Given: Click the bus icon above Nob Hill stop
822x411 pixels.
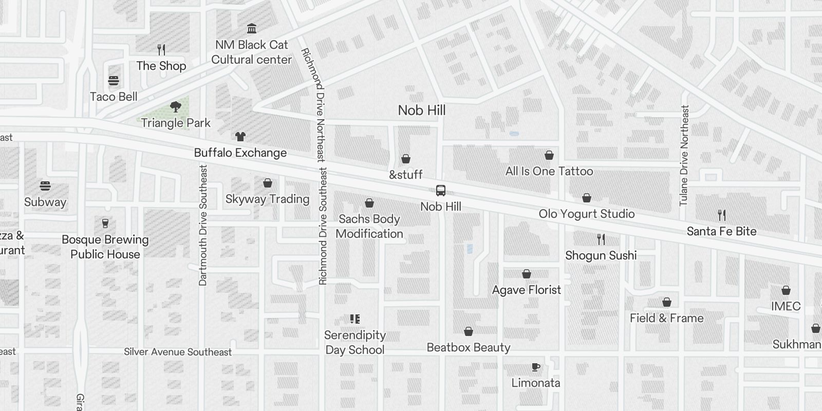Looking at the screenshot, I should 441,191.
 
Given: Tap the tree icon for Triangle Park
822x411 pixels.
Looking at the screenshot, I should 176,107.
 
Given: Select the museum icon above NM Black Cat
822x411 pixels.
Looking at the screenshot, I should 252,28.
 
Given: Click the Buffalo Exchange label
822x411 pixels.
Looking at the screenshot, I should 240,153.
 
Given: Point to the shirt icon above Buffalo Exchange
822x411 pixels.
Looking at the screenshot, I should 240,137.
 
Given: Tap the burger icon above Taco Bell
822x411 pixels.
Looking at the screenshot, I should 114,81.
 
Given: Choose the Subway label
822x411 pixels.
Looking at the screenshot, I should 45,202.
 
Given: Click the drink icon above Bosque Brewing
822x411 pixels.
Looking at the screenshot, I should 105,223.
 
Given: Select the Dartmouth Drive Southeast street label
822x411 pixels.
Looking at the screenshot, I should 203,225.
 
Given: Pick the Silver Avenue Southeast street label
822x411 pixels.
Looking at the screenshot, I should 178,352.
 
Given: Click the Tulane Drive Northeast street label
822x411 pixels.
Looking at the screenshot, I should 684,155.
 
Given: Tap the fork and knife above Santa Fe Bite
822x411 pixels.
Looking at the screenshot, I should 722,215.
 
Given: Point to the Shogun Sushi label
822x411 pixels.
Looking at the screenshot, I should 601,255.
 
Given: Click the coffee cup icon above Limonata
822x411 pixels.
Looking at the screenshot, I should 536,367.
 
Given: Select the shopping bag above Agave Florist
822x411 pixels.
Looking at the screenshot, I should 527,274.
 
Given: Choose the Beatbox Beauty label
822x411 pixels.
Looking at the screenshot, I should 469,347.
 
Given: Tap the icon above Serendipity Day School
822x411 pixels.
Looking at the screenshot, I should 355,319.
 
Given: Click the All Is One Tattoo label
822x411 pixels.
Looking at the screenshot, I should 549,171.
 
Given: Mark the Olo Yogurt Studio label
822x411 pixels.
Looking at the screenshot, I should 587,214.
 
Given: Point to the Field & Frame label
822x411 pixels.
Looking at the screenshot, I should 667,318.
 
